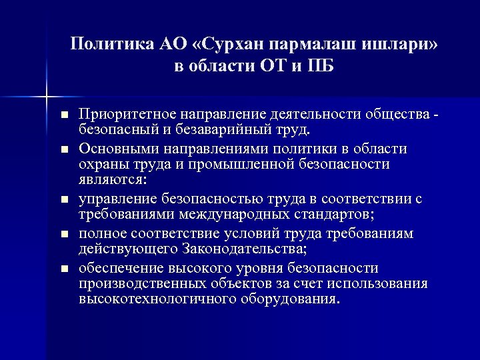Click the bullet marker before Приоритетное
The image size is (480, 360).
[x=64, y=116]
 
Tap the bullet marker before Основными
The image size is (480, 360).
[x=64, y=149]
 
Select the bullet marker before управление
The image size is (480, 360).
[x=64, y=199]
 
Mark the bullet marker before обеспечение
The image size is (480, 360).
[x=64, y=269]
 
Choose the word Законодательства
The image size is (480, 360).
[x=240, y=249]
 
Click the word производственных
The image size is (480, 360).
[x=140, y=283]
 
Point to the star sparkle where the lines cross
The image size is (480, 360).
[x=47, y=97]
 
